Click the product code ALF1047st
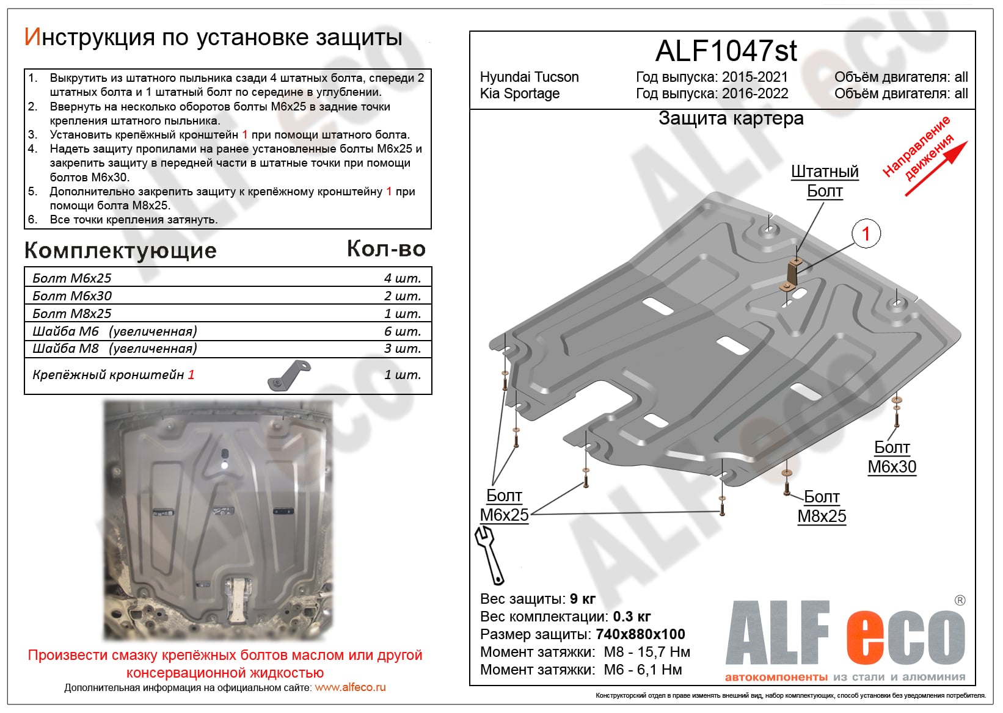coord(726,51)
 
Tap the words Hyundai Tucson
coord(529,77)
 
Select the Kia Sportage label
coord(519,93)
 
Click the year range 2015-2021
coord(754,77)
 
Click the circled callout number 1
coord(866,234)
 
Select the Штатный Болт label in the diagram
coord(825,181)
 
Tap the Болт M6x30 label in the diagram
coord(892,457)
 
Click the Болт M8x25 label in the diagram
coord(822,507)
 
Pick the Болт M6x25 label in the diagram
coord(504,505)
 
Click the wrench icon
coord(489,554)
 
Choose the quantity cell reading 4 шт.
coord(402,278)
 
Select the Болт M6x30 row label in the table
coord(72,296)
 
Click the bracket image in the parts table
coord(289,375)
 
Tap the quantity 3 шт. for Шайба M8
coord(402,349)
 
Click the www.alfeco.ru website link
coord(350,687)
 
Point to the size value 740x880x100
coord(640,634)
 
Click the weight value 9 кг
coord(582,599)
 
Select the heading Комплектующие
coord(120,250)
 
